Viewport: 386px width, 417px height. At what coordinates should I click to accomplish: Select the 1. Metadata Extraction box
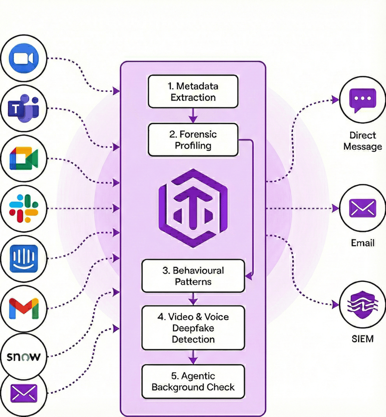coord(193,92)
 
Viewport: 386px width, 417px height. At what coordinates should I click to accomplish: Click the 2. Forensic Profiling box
coord(193,139)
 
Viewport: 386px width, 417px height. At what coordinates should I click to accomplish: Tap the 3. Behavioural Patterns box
coord(193,276)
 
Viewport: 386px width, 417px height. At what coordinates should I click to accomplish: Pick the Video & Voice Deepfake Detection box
coord(193,328)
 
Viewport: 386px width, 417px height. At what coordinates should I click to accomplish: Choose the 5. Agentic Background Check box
coord(193,381)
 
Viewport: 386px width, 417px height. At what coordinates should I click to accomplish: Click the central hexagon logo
coord(193,209)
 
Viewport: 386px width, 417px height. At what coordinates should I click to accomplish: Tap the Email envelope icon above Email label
coord(362,209)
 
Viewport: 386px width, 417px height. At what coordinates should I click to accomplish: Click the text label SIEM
coord(362,339)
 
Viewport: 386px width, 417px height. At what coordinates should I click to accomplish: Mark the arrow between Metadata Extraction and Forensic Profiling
coord(193,115)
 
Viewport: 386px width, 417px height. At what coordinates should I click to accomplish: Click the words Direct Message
coord(362,140)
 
